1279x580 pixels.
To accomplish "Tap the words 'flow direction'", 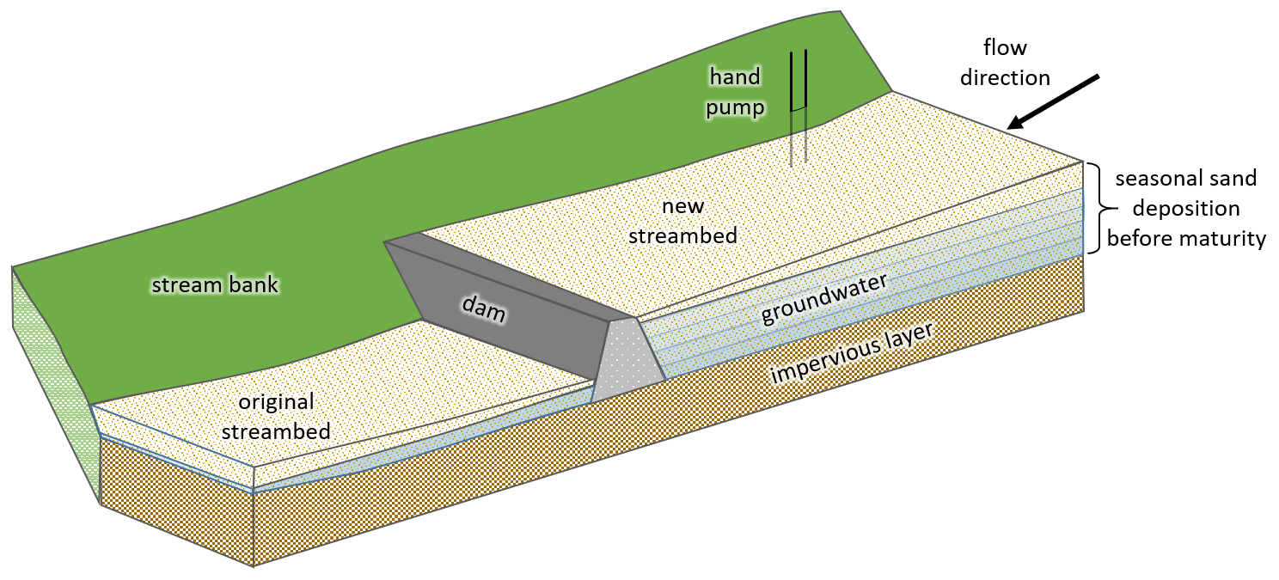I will (x=1005, y=62).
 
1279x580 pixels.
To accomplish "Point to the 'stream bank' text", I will (x=215, y=284).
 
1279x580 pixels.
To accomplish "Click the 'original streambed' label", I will (x=276, y=417).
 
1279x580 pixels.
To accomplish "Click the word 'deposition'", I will (x=1186, y=209).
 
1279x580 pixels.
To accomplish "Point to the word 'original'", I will (x=276, y=402).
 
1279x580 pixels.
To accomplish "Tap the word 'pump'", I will (x=735, y=105).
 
